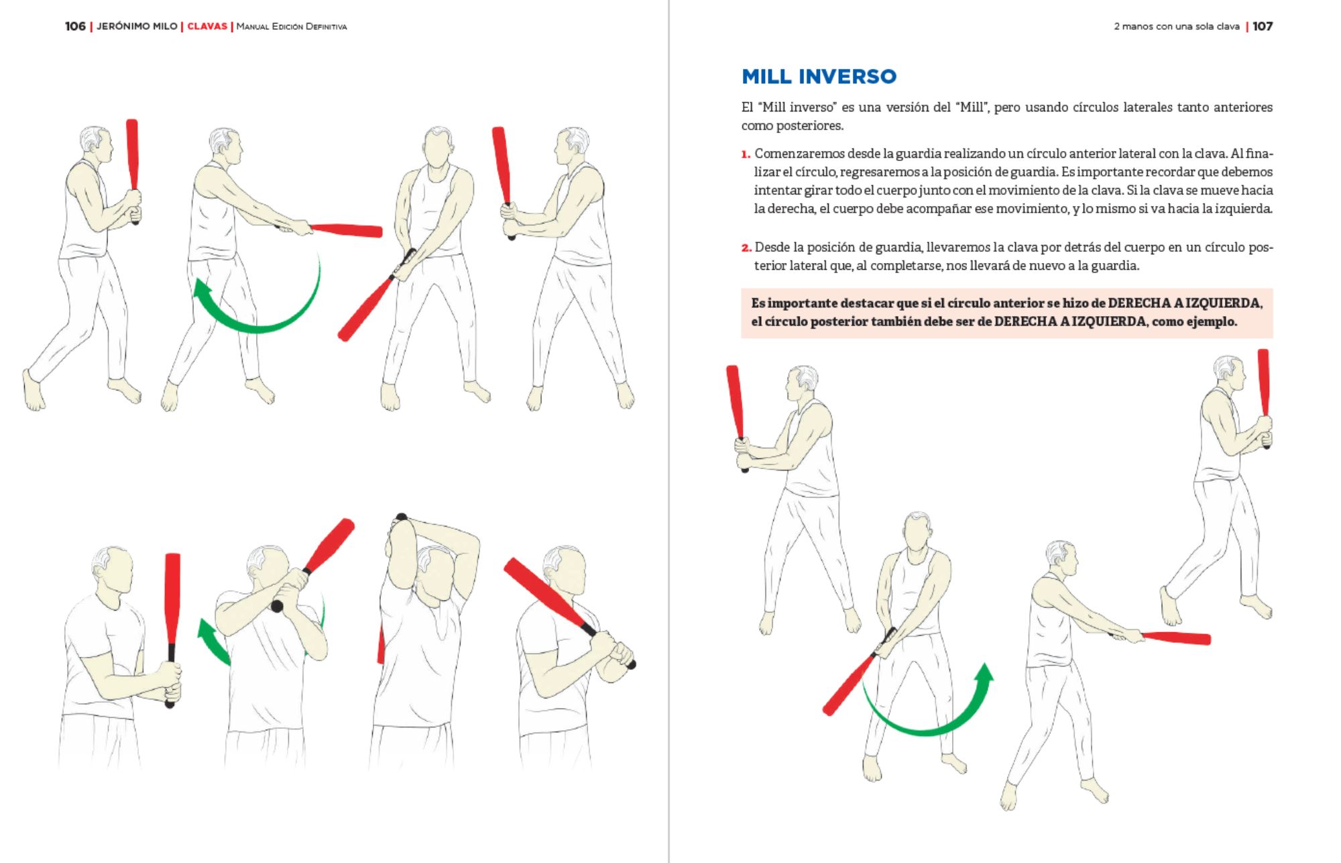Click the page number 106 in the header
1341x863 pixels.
click(x=75, y=26)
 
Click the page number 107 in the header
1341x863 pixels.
click(x=1263, y=26)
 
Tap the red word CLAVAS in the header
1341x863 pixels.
click(x=207, y=26)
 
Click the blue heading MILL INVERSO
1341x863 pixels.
click(x=819, y=77)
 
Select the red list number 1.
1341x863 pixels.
click(x=746, y=154)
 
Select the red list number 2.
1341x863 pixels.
click(x=746, y=248)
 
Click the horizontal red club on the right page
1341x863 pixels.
click(x=1177, y=638)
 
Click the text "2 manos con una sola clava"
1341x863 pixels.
click(x=1177, y=26)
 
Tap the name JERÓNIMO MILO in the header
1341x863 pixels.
click(x=137, y=26)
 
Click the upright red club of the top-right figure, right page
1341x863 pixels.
click(x=1263, y=383)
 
